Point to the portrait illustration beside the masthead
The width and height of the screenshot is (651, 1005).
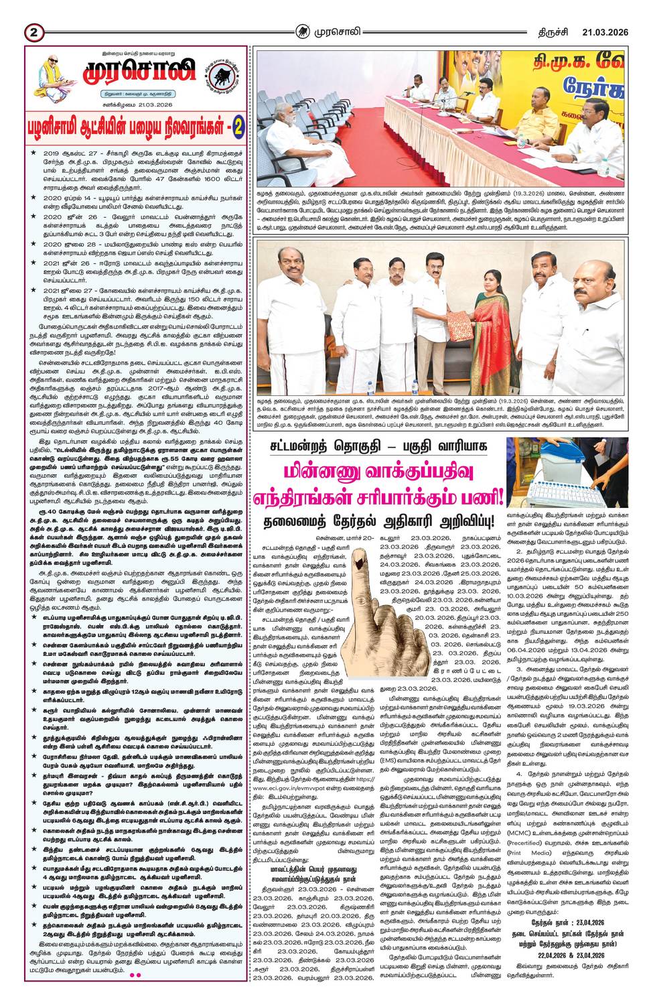click(x=52, y=75)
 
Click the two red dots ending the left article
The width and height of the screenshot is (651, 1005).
click(x=135, y=994)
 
